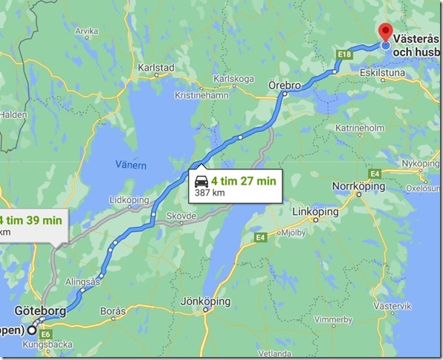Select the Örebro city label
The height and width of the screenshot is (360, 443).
pyautogui.click(x=285, y=86)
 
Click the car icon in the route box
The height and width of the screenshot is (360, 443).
pyautogui.click(x=200, y=181)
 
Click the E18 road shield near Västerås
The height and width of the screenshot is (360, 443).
pyautogui.click(x=343, y=54)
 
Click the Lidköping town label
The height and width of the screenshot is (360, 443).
pyautogui.click(x=126, y=200)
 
